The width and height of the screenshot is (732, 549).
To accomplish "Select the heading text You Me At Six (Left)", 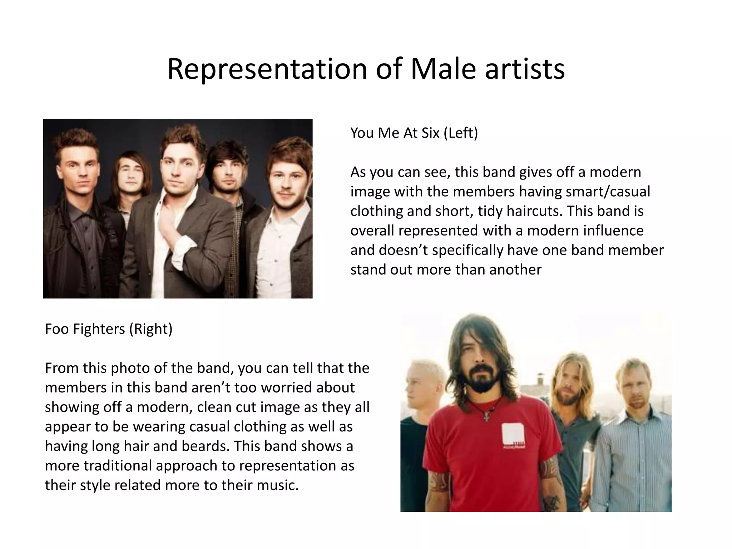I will click(x=414, y=133).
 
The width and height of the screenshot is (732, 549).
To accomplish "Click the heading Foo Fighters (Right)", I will click(x=109, y=329).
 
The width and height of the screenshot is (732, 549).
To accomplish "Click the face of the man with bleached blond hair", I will click(x=419, y=388).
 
